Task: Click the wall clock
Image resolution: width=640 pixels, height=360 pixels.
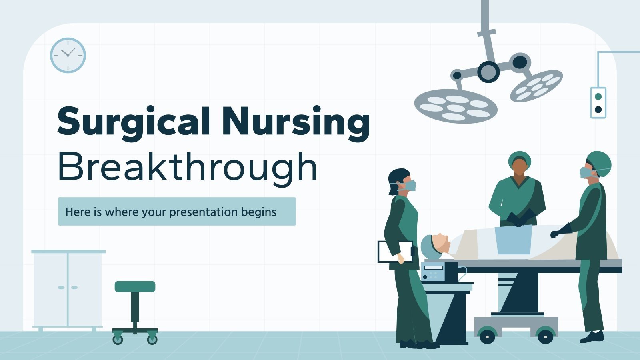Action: click(68, 55)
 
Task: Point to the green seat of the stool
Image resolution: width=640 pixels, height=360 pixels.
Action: click(135, 286)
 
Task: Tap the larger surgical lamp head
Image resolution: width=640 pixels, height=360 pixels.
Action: click(456, 106)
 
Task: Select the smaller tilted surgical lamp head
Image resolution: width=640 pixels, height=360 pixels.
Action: click(536, 85)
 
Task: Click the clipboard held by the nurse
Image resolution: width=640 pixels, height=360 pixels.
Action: click(395, 252)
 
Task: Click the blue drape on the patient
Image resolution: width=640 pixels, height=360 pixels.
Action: click(513, 240)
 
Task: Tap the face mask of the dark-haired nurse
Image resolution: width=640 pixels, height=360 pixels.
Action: click(410, 186)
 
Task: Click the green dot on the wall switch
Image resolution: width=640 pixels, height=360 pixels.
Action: click(598, 96)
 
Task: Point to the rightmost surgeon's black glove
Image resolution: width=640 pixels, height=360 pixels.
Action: click(560, 231)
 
